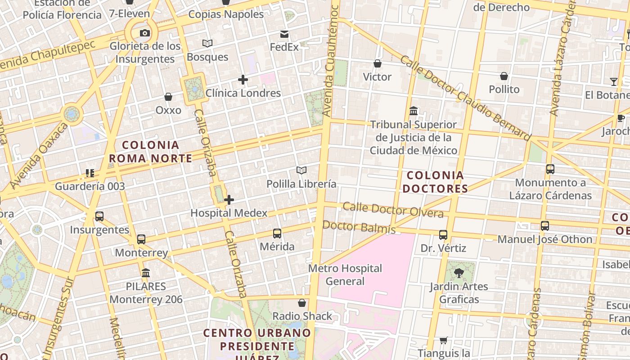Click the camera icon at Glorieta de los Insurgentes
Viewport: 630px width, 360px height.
click(x=145, y=33)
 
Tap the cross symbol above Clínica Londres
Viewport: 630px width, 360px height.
click(x=243, y=80)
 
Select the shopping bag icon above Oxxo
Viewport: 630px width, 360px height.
click(x=168, y=97)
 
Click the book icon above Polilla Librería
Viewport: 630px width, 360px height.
click(x=301, y=171)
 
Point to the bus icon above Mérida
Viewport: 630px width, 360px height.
click(x=277, y=234)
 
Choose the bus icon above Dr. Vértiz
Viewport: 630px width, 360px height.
click(x=443, y=235)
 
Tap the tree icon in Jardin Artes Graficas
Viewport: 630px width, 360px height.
click(x=459, y=273)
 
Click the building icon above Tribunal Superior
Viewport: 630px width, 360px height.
click(x=414, y=111)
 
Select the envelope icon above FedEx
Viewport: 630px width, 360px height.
click(x=284, y=34)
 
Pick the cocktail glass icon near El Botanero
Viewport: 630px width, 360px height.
click(x=614, y=81)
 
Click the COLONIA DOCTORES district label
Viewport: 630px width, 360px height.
click(x=435, y=182)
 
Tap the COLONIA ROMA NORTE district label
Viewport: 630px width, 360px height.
click(x=150, y=152)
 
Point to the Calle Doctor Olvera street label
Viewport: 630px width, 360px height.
click(x=393, y=210)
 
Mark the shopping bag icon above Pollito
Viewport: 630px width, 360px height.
click(x=504, y=76)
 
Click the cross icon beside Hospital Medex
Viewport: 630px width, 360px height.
click(x=229, y=200)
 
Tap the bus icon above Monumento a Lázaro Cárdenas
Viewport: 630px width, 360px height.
click(x=550, y=170)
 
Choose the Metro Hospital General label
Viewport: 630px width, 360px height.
click(x=345, y=275)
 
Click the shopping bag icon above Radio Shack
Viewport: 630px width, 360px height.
click(x=302, y=303)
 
